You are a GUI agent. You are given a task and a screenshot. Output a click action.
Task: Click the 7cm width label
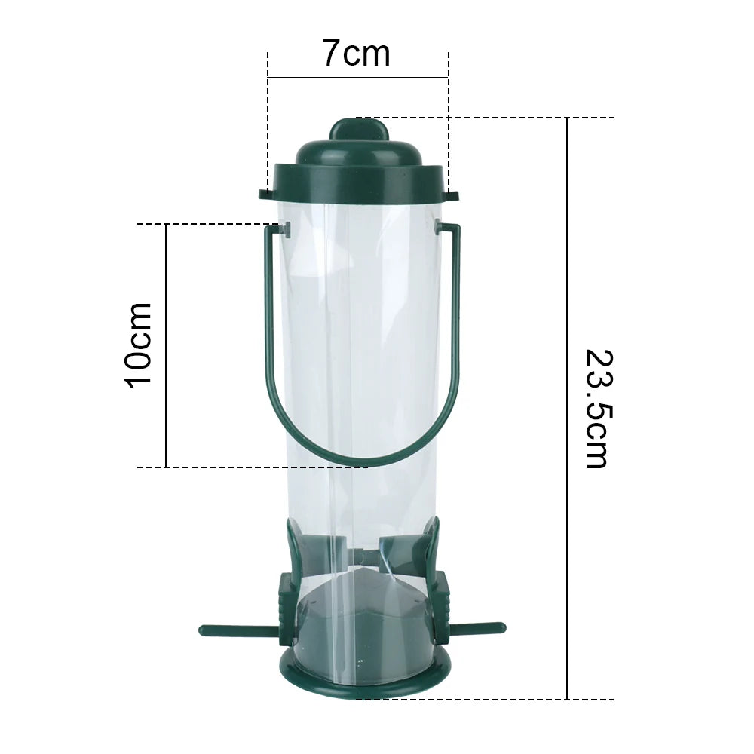[x=357, y=54]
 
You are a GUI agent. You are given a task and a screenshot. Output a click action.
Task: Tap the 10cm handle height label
[x=139, y=345]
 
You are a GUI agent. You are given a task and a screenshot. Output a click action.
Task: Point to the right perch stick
[x=475, y=628]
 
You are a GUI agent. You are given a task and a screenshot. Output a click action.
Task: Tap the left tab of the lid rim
[x=265, y=194]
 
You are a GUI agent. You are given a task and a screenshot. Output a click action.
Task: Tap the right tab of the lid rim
[x=451, y=195]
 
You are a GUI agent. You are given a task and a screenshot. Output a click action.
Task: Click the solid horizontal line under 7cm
[x=357, y=77]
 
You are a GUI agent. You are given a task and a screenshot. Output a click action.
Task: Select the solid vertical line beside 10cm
[x=166, y=345]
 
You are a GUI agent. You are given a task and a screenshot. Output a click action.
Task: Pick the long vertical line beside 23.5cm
[x=567, y=408]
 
